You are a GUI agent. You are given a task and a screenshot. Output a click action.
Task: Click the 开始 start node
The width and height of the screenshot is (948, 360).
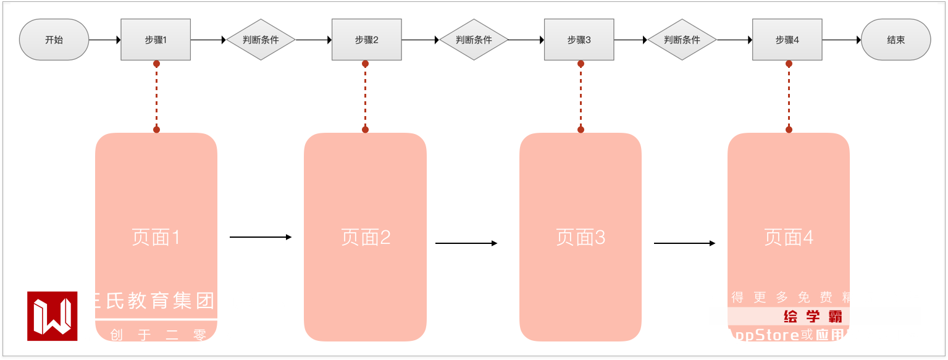pyautogui.click(x=54, y=40)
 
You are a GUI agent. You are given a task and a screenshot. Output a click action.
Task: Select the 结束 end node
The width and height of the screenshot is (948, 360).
pyautogui.click(x=896, y=40)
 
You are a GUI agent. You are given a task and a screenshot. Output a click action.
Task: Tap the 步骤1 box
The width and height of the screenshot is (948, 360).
pyautogui.click(x=156, y=40)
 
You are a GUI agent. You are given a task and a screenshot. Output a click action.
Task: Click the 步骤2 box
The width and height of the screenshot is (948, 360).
pyautogui.click(x=366, y=40)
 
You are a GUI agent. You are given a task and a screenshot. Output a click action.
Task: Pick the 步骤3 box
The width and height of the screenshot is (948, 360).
pyautogui.click(x=579, y=40)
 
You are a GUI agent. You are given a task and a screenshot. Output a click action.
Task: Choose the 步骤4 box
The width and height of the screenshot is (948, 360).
pyautogui.click(x=787, y=40)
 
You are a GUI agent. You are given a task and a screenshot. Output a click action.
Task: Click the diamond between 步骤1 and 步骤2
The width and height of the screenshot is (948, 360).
pyautogui.click(x=261, y=40)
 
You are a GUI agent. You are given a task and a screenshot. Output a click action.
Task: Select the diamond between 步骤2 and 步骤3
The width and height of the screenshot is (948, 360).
pyautogui.click(x=474, y=40)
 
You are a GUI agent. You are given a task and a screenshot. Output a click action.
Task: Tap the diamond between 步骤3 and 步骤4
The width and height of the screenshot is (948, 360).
pyautogui.click(x=682, y=40)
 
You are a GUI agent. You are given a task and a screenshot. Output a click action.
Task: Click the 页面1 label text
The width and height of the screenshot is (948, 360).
pyautogui.click(x=156, y=237)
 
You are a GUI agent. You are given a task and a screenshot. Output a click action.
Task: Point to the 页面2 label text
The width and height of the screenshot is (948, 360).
pyautogui.click(x=366, y=237)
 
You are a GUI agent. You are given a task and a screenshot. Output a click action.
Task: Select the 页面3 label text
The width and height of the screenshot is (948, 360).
pyautogui.click(x=581, y=237)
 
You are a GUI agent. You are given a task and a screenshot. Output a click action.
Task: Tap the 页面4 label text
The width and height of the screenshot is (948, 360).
pyautogui.click(x=789, y=237)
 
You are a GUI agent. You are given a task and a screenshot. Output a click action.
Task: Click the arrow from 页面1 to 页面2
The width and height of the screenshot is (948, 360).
pyautogui.click(x=260, y=237)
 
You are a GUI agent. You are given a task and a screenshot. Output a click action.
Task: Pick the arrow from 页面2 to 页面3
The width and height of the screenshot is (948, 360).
pyautogui.click(x=466, y=243)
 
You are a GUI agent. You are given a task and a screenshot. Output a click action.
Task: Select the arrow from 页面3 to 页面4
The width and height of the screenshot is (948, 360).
pyautogui.click(x=684, y=243)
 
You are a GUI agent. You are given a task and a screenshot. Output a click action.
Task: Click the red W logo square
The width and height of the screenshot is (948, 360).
pyautogui.click(x=52, y=316)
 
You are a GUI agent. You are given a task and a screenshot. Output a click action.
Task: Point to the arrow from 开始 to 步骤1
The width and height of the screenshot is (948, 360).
pyautogui.click(x=105, y=40)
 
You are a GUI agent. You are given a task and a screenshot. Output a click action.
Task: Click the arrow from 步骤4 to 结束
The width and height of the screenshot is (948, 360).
pyautogui.click(x=841, y=40)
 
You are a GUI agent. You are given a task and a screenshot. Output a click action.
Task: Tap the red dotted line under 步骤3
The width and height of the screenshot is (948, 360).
pyautogui.click(x=581, y=96)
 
